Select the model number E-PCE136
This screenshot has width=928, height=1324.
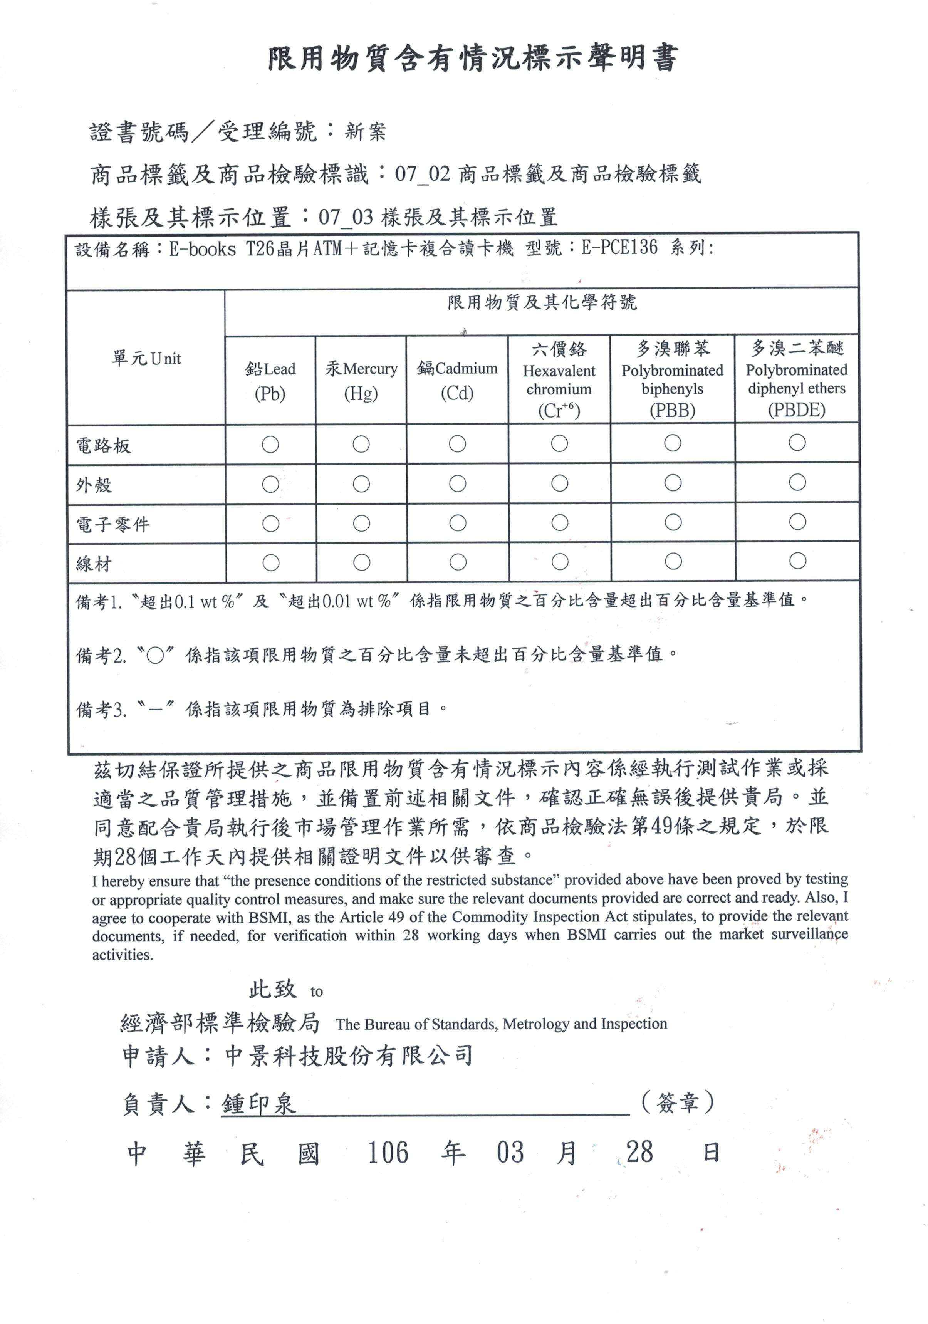619,248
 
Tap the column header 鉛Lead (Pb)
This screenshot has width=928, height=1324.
270,381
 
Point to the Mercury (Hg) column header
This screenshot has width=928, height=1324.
361,381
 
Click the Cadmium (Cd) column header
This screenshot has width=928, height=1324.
457,381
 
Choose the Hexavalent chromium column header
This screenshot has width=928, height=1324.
559,379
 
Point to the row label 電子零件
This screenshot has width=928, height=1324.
113,524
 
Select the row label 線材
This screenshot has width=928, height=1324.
94,564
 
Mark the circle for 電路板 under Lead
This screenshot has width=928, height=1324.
270,444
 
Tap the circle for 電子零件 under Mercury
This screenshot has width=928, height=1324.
362,523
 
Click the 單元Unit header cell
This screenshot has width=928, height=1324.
146,359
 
